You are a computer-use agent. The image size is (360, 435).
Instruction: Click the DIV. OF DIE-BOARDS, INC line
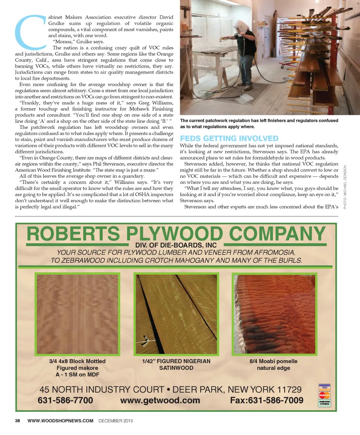click(176, 245)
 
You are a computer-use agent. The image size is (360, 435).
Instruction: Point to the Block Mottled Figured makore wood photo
click(77, 314)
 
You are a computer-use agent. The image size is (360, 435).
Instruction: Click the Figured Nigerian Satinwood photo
click(176, 314)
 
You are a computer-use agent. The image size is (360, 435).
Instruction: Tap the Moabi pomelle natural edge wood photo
click(274, 314)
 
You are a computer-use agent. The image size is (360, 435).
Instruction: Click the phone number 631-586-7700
click(65, 400)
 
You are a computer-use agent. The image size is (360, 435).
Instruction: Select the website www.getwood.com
click(160, 400)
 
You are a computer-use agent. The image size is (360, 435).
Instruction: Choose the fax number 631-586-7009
click(267, 400)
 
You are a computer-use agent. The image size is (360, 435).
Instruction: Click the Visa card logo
click(324, 387)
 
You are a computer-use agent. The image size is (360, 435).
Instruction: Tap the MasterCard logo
click(324, 395)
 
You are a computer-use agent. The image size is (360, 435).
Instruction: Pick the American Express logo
click(324, 403)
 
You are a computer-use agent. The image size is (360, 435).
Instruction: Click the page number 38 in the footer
click(18, 421)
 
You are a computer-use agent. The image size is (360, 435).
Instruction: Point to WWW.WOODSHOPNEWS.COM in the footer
click(60, 421)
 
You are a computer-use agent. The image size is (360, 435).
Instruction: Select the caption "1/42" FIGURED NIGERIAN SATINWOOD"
click(176, 364)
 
